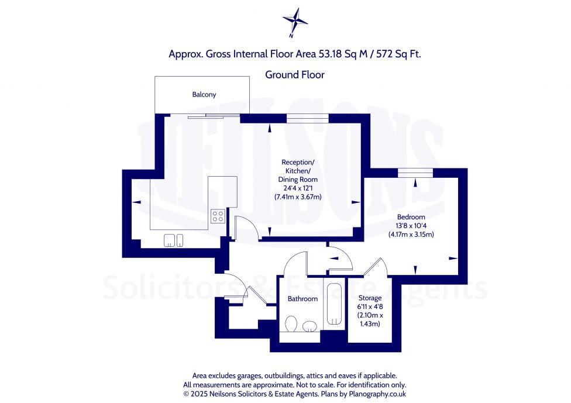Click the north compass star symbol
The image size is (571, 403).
pyautogui.click(x=295, y=21)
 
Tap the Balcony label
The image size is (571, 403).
pyautogui.click(x=204, y=94)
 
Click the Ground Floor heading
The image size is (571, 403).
pyautogui.click(x=294, y=74)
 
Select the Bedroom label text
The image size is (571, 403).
pyautogui.click(x=411, y=216)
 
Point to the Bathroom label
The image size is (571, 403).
pyautogui.click(x=302, y=299)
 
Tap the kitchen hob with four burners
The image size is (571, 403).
pyautogui.click(x=217, y=216)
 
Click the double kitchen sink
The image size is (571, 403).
pyautogui.click(x=174, y=240)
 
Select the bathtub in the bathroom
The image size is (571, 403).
pyautogui.click(x=334, y=303)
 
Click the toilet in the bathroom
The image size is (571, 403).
pyautogui.click(x=291, y=324)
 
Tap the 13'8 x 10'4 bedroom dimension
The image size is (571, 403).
pyautogui.click(x=411, y=225)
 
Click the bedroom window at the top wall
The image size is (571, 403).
pyautogui.click(x=414, y=171)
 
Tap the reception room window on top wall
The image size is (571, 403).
pyautogui.click(x=307, y=118)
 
